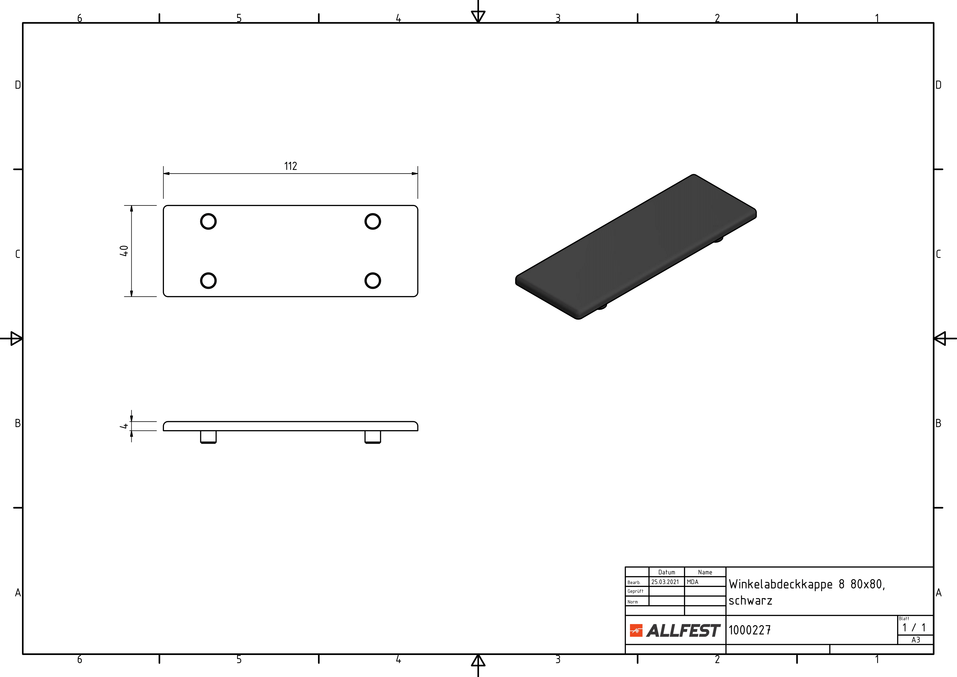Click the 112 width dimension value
(x=291, y=166)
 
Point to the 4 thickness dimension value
(x=124, y=426)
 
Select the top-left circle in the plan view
(x=209, y=214)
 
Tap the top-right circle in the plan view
(x=373, y=214)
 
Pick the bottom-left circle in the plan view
(x=209, y=273)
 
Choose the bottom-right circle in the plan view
(x=373, y=273)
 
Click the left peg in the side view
(x=209, y=437)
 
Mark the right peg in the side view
(x=373, y=437)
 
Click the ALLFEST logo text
(x=683, y=631)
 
